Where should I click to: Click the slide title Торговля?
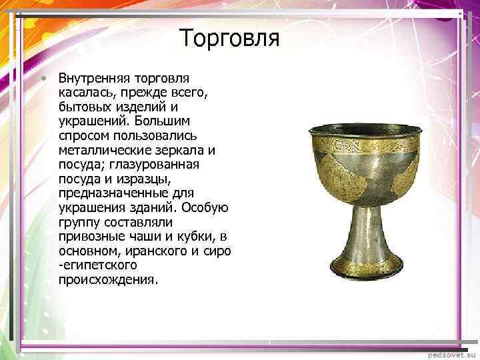coord(229,38)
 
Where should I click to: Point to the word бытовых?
coord(83,107)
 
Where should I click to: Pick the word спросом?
coord(83,137)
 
